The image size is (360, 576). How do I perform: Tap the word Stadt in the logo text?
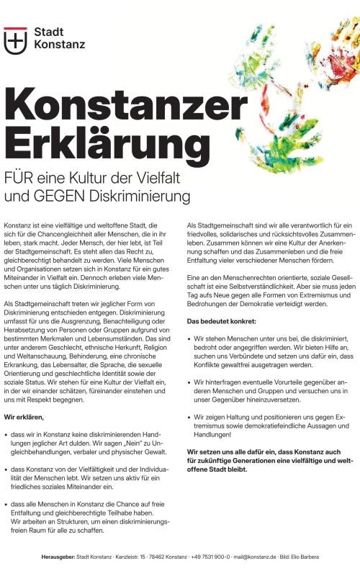coord(48,33)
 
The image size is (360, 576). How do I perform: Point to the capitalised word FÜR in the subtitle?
coord(22,178)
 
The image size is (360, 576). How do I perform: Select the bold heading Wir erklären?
coord(24,416)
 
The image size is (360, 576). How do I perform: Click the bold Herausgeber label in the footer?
coord(58,557)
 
